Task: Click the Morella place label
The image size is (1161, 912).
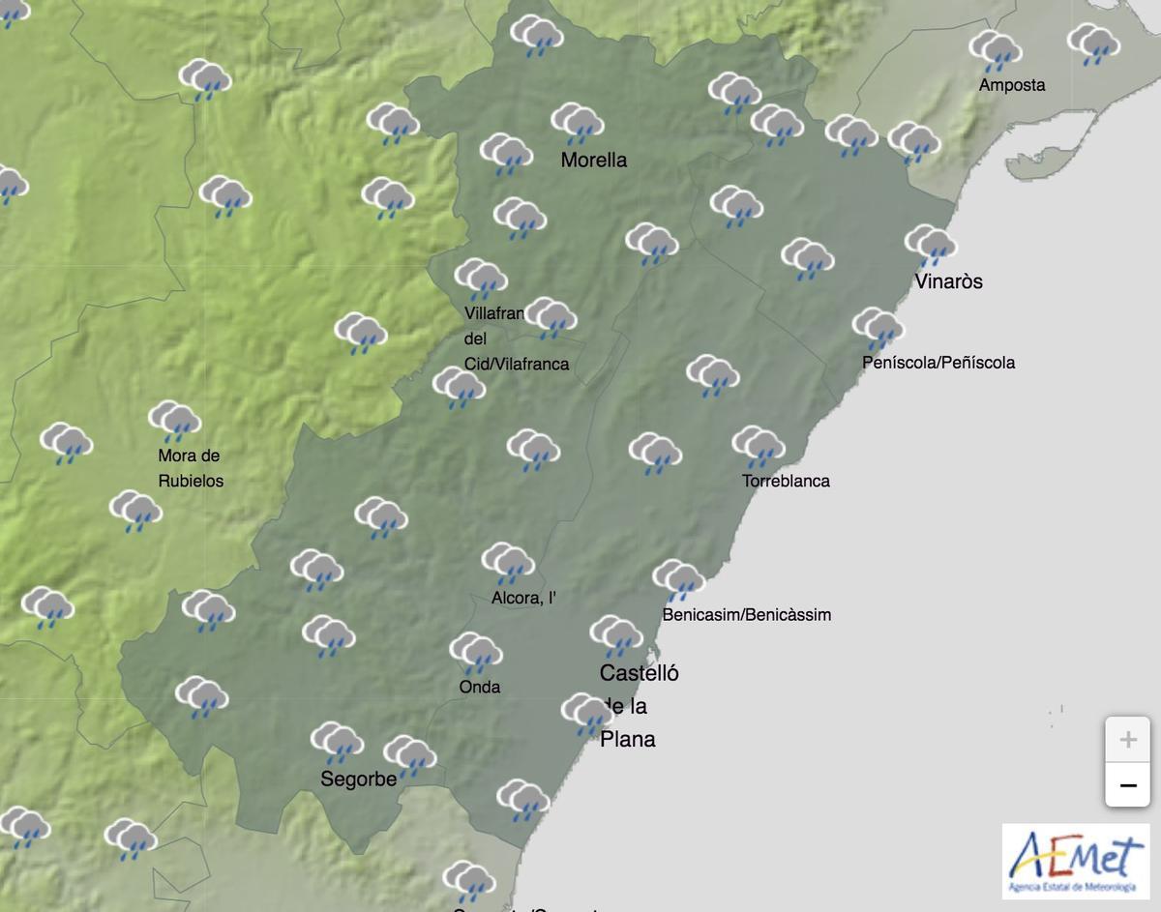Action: click(x=593, y=161)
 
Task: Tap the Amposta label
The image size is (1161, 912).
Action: click(x=1011, y=85)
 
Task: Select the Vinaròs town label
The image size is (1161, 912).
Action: click(x=948, y=281)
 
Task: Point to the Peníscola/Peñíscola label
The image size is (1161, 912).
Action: click(x=938, y=363)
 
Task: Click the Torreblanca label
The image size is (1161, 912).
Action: click(x=786, y=481)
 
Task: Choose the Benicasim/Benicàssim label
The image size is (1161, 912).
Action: click(x=746, y=614)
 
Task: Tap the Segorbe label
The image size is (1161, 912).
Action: click(x=359, y=780)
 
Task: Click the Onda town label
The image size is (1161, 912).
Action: click(x=481, y=687)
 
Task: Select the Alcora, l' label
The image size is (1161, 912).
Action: click(x=523, y=599)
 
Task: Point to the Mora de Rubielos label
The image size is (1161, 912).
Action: click(x=191, y=468)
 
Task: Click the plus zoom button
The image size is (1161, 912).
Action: click(x=1127, y=741)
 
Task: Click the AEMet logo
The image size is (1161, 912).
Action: click(x=1075, y=860)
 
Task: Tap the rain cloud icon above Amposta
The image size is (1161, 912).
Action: click(x=996, y=51)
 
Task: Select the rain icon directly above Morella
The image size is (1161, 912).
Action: click(x=578, y=124)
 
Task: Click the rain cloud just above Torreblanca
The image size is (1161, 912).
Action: click(x=758, y=447)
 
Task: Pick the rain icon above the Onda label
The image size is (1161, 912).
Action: click(x=475, y=653)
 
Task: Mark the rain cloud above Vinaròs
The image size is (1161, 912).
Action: click(x=931, y=246)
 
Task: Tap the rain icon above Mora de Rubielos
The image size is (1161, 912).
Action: click(x=174, y=422)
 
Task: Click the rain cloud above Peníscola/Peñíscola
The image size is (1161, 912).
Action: click(x=878, y=329)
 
